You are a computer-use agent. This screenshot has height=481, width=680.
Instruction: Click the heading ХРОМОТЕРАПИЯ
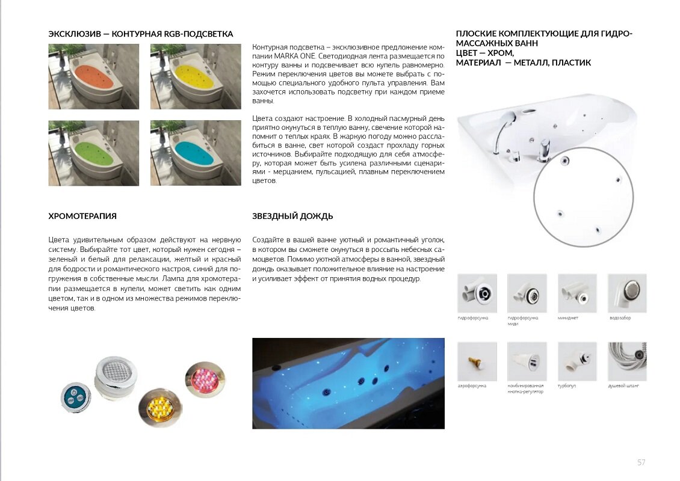[x=82, y=216]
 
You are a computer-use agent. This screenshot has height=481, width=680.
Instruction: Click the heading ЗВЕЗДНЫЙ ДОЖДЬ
[x=292, y=216]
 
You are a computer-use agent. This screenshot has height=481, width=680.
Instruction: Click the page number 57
[x=641, y=462]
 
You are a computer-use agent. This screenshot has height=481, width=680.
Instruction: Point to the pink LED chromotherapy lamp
[x=205, y=379]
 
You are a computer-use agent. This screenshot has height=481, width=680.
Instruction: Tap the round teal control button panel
[x=76, y=397]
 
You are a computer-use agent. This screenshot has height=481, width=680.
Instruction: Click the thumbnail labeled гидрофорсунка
[x=477, y=293]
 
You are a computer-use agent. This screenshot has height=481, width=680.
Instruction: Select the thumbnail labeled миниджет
[x=577, y=293]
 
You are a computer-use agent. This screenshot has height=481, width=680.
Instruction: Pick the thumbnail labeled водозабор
[x=626, y=293]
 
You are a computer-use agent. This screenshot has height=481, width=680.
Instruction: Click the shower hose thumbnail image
[x=626, y=361]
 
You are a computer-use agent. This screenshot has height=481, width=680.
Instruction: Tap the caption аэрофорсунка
[x=472, y=385]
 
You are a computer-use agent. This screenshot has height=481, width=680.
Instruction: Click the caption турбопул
[x=567, y=385]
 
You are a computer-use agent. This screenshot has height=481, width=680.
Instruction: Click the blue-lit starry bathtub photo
[x=348, y=383]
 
